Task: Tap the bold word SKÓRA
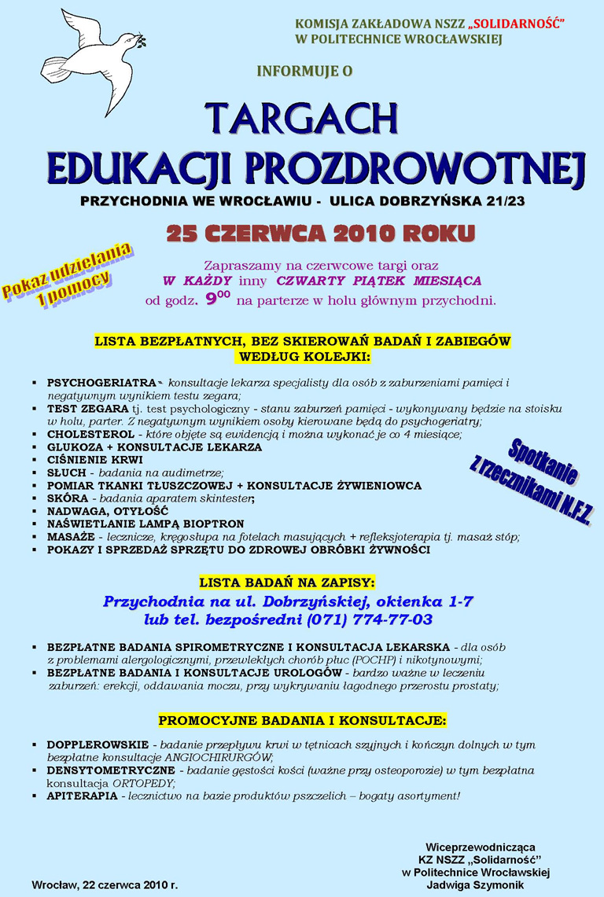tap(65, 498)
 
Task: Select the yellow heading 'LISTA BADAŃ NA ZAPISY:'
tap(288, 583)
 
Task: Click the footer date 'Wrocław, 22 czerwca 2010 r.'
tap(105, 885)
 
